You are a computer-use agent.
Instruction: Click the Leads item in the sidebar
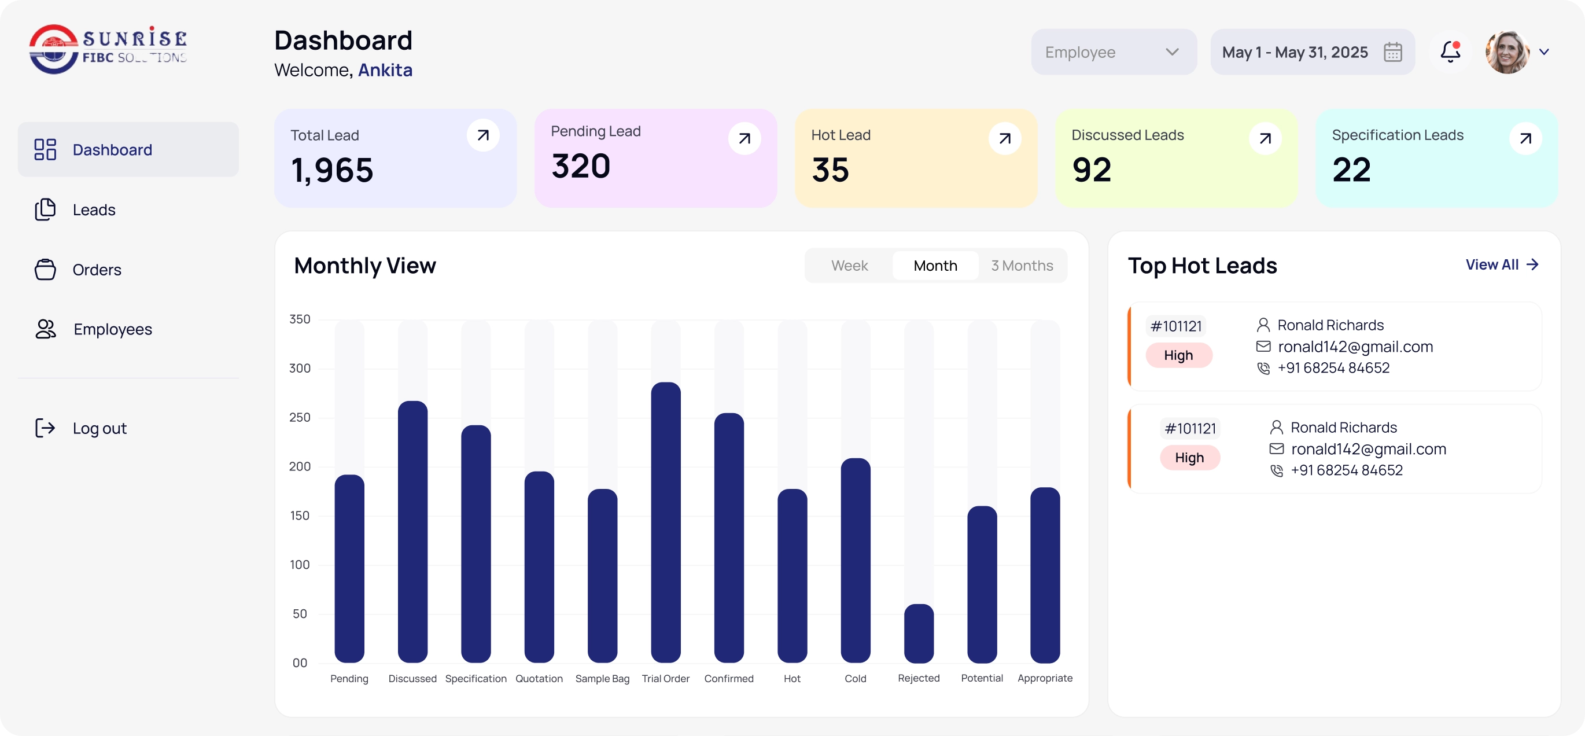pyautogui.click(x=94, y=210)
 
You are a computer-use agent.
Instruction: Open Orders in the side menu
pyautogui.click(x=97, y=270)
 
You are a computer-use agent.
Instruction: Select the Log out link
pyautogui.click(x=99, y=428)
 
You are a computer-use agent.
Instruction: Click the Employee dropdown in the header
pyautogui.click(x=1114, y=52)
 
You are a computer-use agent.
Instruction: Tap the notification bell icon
pyautogui.click(x=1450, y=51)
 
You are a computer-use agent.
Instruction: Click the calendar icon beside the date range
pyautogui.click(x=1393, y=52)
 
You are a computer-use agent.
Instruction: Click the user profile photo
pyautogui.click(x=1507, y=52)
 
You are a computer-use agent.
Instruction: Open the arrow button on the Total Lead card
pyautogui.click(x=483, y=135)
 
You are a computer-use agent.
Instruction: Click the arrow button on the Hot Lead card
pyautogui.click(x=1005, y=138)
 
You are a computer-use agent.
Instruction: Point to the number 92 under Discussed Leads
pyautogui.click(x=1092, y=170)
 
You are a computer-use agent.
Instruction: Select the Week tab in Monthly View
pyautogui.click(x=849, y=266)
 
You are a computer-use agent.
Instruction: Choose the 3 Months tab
pyautogui.click(x=1022, y=266)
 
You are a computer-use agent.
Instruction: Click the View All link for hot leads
pyautogui.click(x=1502, y=264)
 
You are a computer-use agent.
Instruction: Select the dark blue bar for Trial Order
pyautogui.click(x=666, y=522)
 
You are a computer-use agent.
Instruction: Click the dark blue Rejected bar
pyautogui.click(x=919, y=633)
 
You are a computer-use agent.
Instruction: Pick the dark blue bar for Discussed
pyautogui.click(x=413, y=532)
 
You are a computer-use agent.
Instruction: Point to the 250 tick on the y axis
pyautogui.click(x=300, y=417)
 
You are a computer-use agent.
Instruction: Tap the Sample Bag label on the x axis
pyautogui.click(x=602, y=679)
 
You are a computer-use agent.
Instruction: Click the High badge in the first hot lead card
pyautogui.click(x=1178, y=355)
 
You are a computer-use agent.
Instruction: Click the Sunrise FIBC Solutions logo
pyautogui.click(x=108, y=49)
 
